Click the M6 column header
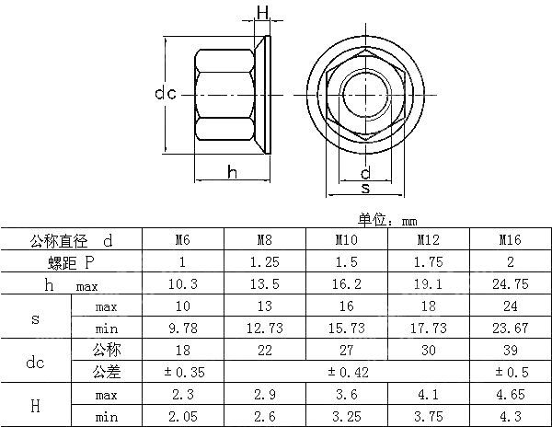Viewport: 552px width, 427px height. coord(182,240)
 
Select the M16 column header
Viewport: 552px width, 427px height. coord(510,240)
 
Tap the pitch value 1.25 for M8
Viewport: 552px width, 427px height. coord(265,262)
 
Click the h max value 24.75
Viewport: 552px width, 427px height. coord(510,284)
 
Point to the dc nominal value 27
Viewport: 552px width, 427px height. coord(346,351)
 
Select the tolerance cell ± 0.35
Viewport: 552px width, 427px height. coord(182,373)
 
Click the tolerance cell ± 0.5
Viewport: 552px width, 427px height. coord(510,373)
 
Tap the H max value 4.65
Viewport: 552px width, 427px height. coord(510,395)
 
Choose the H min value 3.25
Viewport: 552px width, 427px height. coord(346,416)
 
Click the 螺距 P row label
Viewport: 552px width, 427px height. coord(71,262)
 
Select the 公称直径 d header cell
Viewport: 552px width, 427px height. coord(71,240)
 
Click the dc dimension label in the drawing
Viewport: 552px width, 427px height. coord(166,94)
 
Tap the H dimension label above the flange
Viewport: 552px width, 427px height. coord(263,13)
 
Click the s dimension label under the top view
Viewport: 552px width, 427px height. coord(365,188)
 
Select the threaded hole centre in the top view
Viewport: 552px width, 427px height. coord(366,94)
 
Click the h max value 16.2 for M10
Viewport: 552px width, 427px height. coord(346,284)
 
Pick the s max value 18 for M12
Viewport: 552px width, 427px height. coord(428,306)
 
